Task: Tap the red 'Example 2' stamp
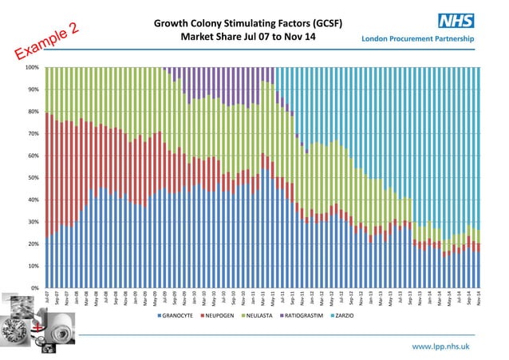(47, 43)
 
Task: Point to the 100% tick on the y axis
(33, 68)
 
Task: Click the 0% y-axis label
(36, 287)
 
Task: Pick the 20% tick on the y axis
(34, 243)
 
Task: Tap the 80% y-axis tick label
(34, 112)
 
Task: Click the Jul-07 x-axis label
(47, 299)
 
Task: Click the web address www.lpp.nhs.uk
(440, 346)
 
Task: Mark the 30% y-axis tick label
(34, 222)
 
